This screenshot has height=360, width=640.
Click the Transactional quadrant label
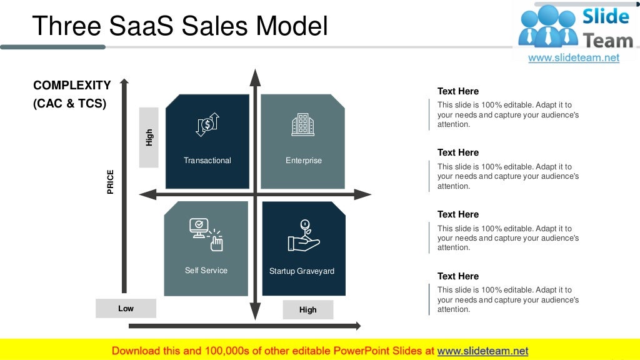[x=207, y=161]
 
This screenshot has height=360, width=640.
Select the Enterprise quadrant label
[x=304, y=161]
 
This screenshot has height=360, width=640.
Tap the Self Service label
[x=206, y=271]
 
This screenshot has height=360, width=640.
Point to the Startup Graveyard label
[x=302, y=271]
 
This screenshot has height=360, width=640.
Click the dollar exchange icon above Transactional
[x=207, y=124]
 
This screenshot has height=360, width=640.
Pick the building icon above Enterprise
[x=303, y=124]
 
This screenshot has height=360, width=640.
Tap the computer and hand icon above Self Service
[x=206, y=234]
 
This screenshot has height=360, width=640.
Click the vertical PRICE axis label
[x=111, y=181]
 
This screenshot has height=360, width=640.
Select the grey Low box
[x=126, y=308]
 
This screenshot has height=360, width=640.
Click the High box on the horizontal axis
[x=307, y=309]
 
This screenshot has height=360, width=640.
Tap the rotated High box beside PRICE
[x=149, y=137]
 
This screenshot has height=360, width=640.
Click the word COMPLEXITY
[x=72, y=86]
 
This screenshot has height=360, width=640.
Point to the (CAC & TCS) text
[x=69, y=104]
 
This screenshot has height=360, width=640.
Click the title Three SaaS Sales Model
[x=180, y=26]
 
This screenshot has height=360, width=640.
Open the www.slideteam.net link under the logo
[x=574, y=57]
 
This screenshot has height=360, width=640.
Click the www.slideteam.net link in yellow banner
[x=482, y=351]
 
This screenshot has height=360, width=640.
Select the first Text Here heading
[x=458, y=91]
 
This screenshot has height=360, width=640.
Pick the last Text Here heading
[x=458, y=276]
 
